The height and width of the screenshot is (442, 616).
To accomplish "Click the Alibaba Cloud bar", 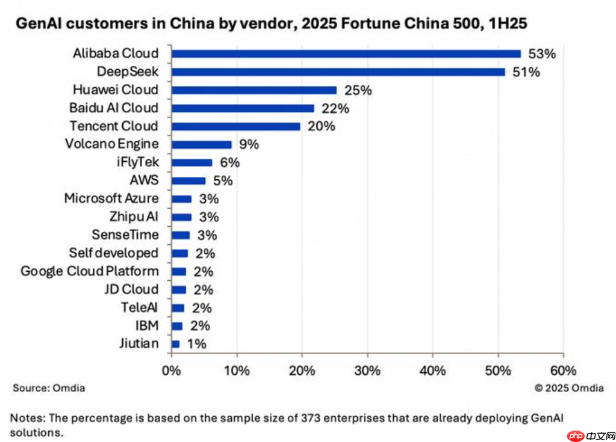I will click(346, 54).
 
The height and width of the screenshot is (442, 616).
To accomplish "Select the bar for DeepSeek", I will click(338, 72).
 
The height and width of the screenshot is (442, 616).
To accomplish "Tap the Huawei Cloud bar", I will click(254, 90).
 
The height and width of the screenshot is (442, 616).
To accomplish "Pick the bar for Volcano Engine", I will click(201, 144).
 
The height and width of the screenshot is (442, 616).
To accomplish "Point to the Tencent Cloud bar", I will click(235, 126).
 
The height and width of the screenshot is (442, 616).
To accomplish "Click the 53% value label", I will click(541, 54).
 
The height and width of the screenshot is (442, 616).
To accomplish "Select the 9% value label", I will click(248, 145).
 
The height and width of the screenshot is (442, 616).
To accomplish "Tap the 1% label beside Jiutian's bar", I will click(196, 344).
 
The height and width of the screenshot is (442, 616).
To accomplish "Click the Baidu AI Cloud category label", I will click(114, 108).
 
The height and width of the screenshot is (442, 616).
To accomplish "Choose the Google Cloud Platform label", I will click(90, 271).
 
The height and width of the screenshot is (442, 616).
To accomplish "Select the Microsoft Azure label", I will click(111, 198).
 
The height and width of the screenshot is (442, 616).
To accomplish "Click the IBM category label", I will click(147, 326).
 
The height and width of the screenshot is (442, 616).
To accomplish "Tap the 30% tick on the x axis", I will click(367, 370).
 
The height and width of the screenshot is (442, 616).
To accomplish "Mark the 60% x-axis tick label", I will click(563, 370).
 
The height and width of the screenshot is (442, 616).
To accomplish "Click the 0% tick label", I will click(172, 370).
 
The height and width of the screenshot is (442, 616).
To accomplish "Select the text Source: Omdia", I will click(49, 388).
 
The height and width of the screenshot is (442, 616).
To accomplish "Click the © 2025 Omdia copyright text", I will click(569, 388).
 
